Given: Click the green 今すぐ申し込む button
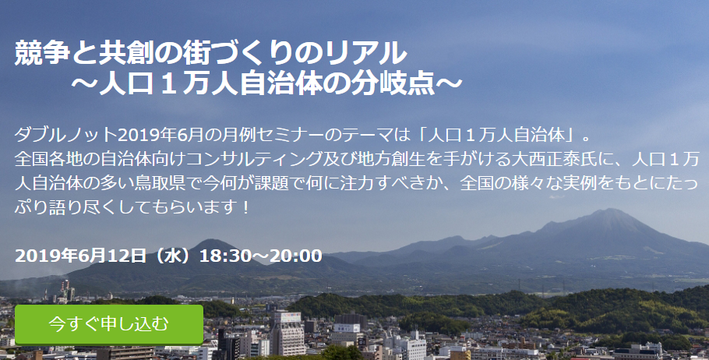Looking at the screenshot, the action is pos(109,325).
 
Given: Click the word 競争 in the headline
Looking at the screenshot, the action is pos(43,53).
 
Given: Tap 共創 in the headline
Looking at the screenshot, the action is pos(126,53).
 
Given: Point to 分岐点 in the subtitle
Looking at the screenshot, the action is pos(393,84).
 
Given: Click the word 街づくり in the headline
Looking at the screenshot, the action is pos(238,53).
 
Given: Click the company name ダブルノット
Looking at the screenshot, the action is pos(66,135).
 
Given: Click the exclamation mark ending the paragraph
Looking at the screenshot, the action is pos(245,208).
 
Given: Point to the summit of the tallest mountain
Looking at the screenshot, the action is pos(609,209).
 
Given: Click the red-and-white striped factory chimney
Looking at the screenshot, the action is pos(66,288).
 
